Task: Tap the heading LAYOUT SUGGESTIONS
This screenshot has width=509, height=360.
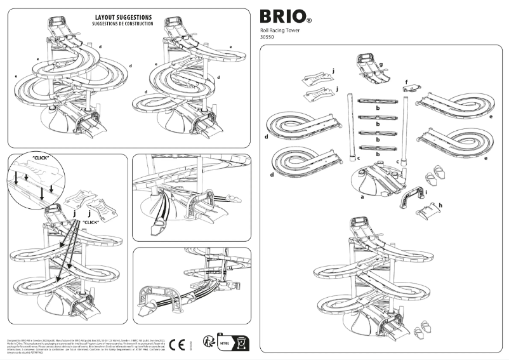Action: [x=124, y=17]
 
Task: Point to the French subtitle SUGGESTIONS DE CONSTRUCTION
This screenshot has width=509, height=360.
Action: [x=124, y=23]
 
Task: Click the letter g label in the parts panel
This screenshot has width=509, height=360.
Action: [x=380, y=64]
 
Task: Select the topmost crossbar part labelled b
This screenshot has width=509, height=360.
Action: [x=378, y=100]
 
